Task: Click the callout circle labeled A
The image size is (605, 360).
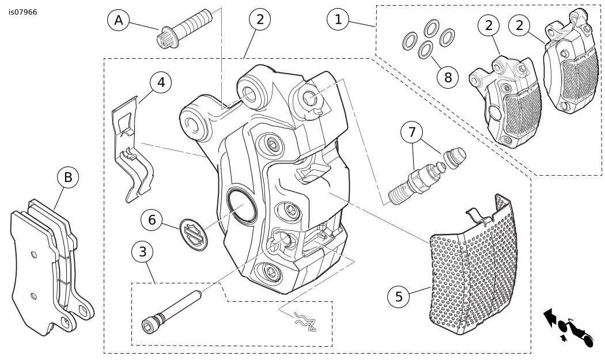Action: [x=119, y=20]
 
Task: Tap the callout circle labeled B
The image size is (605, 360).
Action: [x=68, y=178]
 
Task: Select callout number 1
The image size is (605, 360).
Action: [x=338, y=19]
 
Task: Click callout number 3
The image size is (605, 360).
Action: [x=142, y=252]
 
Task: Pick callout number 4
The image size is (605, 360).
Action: [x=161, y=83]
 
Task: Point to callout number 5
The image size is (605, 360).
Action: [x=399, y=297]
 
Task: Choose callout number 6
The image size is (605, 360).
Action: [x=152, y=219]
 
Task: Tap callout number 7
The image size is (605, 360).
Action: [x=411, y=132]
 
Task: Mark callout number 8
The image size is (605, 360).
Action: [x=448, y=77]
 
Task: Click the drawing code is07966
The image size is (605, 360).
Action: [x=23, y=12]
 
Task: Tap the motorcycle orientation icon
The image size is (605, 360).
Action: [x=568, y=327]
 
